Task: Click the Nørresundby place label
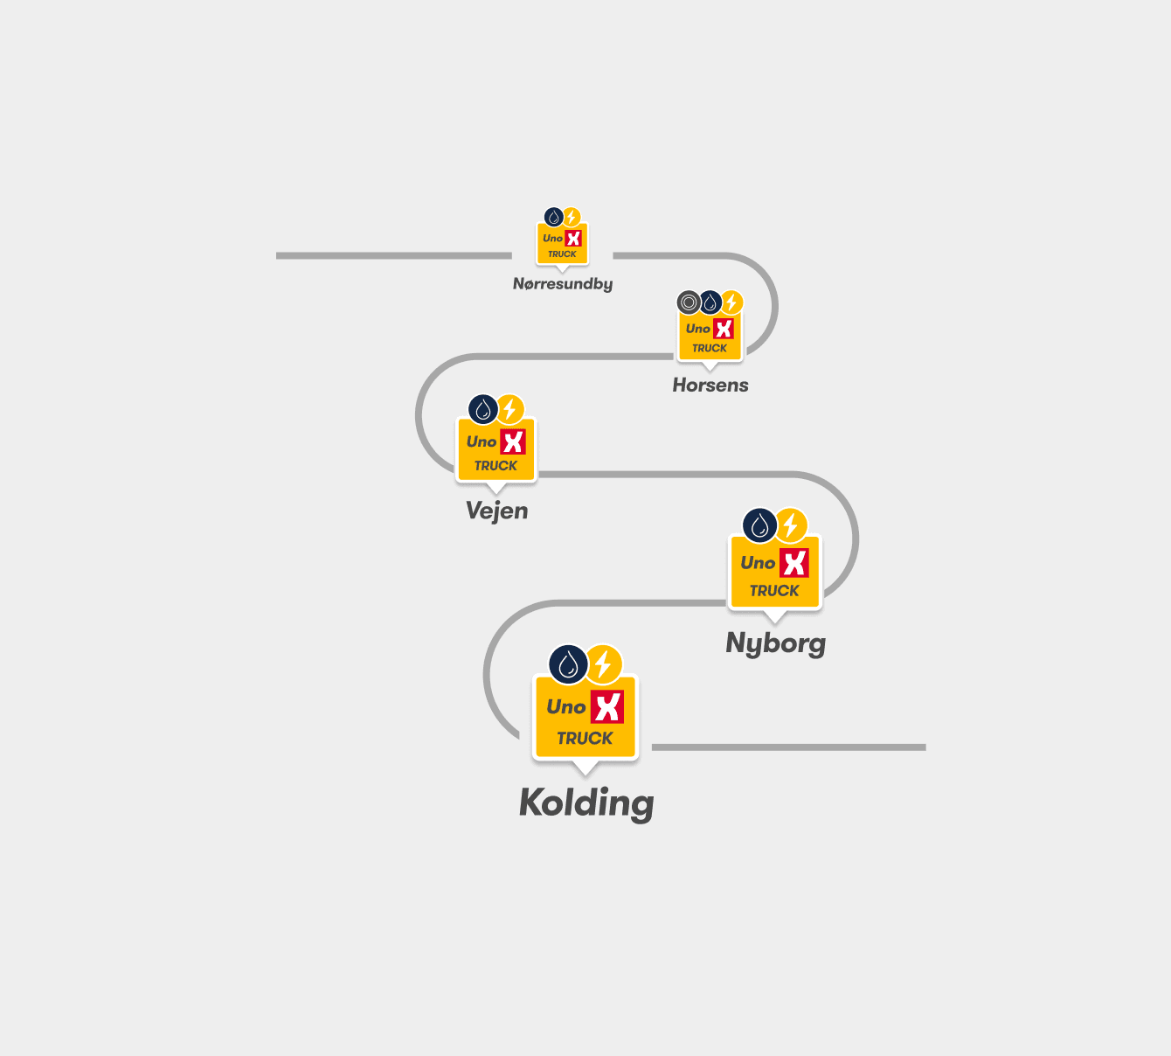563,284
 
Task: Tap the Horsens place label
710,385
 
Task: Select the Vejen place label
496,511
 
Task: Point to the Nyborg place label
776,643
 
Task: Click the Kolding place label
586,803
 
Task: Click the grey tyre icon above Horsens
689,302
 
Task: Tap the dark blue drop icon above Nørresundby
553,218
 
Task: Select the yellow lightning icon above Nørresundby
572,218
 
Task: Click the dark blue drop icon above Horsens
710,302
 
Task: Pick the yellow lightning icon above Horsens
731,302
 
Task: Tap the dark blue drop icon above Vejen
483,409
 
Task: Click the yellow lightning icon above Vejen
509,409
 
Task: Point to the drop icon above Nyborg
759,525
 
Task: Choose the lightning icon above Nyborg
791,525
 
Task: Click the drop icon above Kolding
568,664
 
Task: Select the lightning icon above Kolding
604,664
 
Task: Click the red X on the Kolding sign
607,706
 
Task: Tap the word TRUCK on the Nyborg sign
774,591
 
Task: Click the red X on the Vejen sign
513,442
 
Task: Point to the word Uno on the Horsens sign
697,329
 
